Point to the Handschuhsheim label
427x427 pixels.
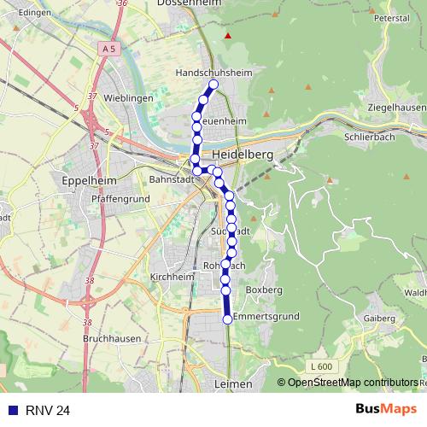click(213, 73)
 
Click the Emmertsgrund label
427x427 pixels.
click(266, 316)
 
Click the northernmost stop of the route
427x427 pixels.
click(213, 85)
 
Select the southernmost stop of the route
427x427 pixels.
click(227, 319)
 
